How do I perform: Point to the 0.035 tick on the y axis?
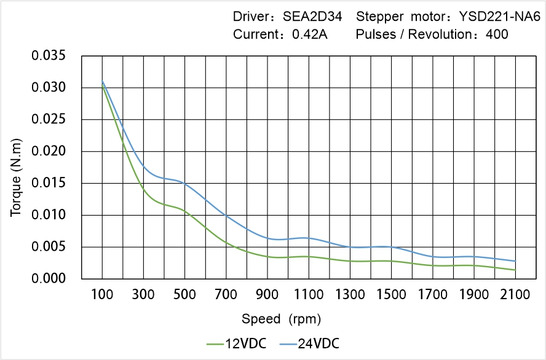(x=48, y=56)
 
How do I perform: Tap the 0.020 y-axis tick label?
(x=48, y=152)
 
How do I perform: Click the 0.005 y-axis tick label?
(x=48, y=247)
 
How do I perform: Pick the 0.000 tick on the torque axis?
(x=48, y=279)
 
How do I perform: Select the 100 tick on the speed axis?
(x=102, y=295)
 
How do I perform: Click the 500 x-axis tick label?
(x=184, y=295)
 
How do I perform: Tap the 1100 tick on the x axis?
(x=309, y=295)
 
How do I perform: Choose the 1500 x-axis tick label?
(x=391, y=295)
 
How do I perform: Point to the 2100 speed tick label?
(x=515, y=295)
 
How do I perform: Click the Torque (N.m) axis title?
(x=16, y=167)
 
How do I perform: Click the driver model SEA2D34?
(x=312, y=17)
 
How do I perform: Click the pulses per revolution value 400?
(x=497, y=34)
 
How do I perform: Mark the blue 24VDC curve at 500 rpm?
(x=184, y=183)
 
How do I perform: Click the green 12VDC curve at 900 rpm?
(x=267, y=256)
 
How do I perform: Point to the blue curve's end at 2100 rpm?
(x=515, y=261)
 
